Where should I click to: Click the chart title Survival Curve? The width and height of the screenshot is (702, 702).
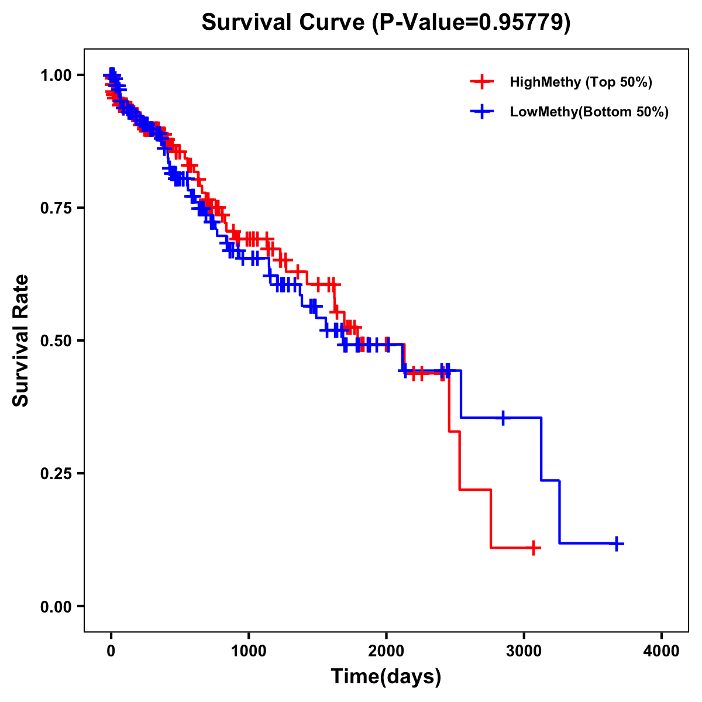coord(386,22)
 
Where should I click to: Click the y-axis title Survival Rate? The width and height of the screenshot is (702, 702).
coord(21,340)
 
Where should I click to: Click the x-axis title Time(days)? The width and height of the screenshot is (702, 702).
coord(386,677)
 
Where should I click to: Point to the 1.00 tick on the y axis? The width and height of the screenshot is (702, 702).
coord(56,75)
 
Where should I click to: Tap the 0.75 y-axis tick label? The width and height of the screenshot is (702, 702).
coord(56,208)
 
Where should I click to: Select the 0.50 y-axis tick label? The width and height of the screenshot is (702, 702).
coord(56,340)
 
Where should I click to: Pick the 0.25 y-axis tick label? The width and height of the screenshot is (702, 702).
coord(56,473)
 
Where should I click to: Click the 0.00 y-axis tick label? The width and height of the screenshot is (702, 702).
coord(56,606)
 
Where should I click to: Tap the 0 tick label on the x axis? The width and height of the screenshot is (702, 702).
coord(111,652)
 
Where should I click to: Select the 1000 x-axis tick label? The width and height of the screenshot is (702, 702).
coord(249,652)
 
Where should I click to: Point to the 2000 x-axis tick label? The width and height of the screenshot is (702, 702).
coord(386,652)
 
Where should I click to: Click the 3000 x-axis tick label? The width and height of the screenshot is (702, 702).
coord(524,652)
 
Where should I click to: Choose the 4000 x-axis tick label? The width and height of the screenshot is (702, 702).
coord(662,652)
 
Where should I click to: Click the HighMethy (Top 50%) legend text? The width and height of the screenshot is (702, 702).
coord(580,82)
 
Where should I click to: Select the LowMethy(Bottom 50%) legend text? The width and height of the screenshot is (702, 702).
coord(589,112)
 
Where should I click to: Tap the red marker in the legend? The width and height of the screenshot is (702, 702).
coord(481,82)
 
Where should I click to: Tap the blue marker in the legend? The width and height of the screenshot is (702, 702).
coord(481,112)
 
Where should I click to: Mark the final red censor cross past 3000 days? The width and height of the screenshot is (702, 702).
coord(533,548)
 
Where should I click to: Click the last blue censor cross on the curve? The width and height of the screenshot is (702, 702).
coord(616,543)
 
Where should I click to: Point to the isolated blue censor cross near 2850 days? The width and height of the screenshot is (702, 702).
coord(503,418)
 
